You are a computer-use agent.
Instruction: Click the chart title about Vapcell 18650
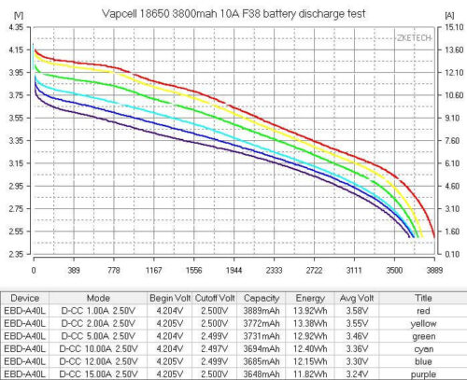coord(233,14)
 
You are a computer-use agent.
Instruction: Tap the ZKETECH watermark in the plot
coord(414,38)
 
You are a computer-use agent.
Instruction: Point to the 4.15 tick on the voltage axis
coord(16,49)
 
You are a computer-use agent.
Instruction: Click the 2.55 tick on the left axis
coord(16,232)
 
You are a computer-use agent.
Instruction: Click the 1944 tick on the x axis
coord(233,270)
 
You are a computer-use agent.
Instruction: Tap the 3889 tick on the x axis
coord(434,270)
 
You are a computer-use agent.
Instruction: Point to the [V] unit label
coord(19,15)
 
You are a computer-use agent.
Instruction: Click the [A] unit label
coord(449,15)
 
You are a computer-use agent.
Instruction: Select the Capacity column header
coord(262,298)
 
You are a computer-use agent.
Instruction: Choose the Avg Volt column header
coord(357,298)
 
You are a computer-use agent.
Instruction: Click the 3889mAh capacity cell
coord(262,311)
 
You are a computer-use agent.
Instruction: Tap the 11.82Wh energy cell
coord(310,374)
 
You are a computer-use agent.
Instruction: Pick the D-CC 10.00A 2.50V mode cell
coord(98,349)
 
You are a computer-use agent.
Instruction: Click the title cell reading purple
coord(423,374)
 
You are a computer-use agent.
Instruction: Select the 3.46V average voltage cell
coord(357,336)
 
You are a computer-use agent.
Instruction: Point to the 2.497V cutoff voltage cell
coord(214,349)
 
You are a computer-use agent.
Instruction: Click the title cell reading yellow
coord(423,324)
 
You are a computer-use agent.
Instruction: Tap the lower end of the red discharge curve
coord(434,237)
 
